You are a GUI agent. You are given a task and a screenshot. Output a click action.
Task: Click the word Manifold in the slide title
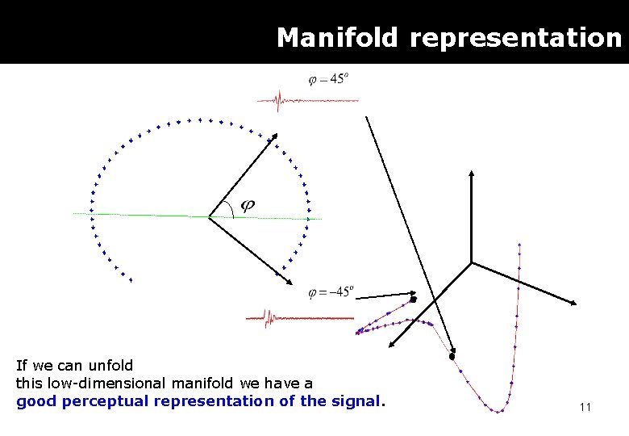click(x=336, y=38)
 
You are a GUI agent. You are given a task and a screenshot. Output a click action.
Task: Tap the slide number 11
click(x=585, y=407)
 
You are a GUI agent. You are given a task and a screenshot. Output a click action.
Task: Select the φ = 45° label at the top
click(x=328, y=79)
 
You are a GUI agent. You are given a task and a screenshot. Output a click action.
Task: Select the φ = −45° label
click(x=331, y=292)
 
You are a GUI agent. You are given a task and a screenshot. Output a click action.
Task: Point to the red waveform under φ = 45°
click(x=306, y=100)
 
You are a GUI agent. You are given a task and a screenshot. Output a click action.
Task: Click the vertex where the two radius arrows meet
click(x=210, y=216)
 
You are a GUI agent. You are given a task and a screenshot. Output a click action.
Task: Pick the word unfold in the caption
click(x=112, y=366)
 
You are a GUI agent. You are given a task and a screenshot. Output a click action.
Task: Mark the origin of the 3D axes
click(x=472, y=262)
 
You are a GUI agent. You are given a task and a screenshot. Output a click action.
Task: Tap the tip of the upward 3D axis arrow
click(x=472, y=171)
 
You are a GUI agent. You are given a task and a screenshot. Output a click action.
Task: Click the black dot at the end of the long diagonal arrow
click(x=452, y=356)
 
